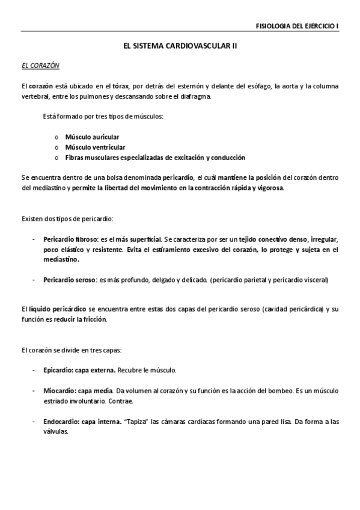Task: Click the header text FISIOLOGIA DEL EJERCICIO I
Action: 297,26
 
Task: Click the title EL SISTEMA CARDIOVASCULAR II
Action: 180,46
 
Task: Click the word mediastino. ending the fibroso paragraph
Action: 61,260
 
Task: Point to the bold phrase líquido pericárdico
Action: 52,309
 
